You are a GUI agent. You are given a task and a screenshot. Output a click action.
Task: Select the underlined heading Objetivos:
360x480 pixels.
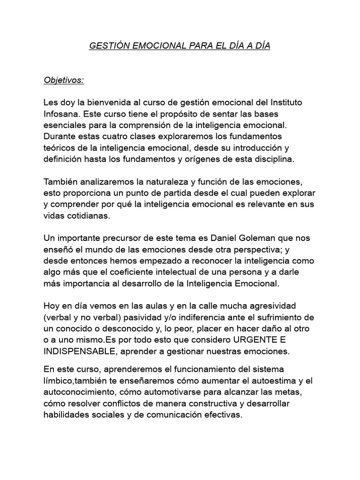(64, 80)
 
